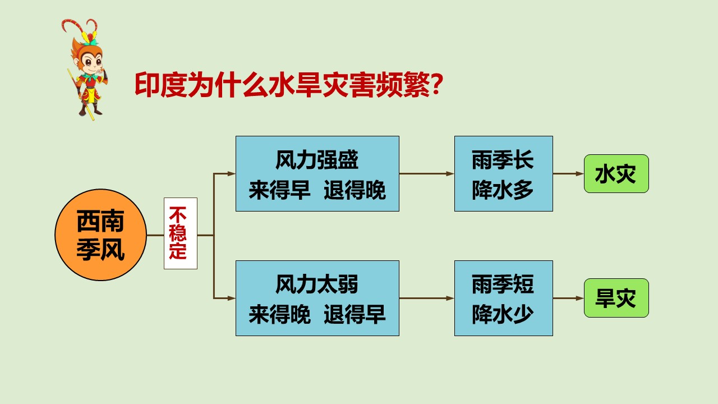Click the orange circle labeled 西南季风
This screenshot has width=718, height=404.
[100, 235]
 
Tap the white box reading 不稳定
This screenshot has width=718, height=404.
[181, 233]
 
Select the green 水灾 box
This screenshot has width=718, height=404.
[616, 174]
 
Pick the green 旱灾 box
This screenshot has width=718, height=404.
[616, 298]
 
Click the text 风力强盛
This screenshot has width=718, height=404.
[317, 160]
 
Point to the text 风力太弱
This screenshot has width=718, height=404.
[317, 284]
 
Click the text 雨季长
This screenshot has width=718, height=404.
[503, 160]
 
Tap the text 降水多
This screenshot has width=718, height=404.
[503, 190]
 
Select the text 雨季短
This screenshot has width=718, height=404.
[503, 284]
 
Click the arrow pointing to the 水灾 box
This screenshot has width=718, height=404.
[568, 174]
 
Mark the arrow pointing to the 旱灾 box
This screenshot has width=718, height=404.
[568, 298]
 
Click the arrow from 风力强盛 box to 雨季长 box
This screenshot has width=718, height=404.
[427, 174]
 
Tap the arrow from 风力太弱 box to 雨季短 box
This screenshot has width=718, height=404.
[427, 298]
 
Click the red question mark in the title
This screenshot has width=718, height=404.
[436, 85]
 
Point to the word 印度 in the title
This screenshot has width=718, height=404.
[161, 85]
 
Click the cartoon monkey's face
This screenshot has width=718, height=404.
[91, 62]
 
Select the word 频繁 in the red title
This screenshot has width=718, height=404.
[403, 85]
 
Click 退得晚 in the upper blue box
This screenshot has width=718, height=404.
[355, 190]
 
